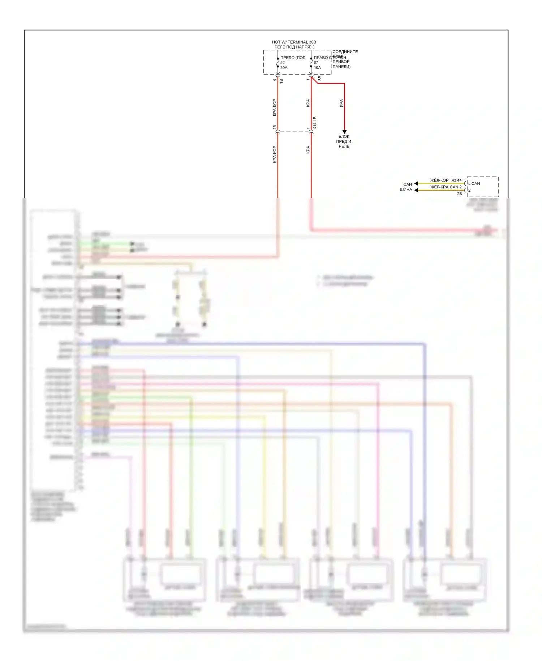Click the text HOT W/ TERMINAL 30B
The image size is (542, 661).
coord(294,42)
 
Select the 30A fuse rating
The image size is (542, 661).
coord(284,68)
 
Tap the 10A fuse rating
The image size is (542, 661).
coord(317,68)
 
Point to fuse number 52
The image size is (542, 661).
coord(282,63)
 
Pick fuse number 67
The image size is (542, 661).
coord(315,63)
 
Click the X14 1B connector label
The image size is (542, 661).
coord(315,123)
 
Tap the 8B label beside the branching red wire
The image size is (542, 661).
coord(320,78)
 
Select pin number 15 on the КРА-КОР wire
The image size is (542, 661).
coord(275,127)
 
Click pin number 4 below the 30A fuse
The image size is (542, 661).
coord(275,80)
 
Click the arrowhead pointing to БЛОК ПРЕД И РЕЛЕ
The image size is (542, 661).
coord(344,132)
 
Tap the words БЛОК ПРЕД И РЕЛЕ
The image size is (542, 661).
coord(344,141)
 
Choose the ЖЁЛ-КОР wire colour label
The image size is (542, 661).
coord(439,180)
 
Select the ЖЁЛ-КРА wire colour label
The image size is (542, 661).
coord(439,187)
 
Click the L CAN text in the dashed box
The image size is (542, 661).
coord(474,184)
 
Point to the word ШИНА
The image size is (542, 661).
coord(406,189)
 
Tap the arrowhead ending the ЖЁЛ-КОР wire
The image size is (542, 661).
coord(416,184)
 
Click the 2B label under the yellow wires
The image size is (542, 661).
coord(459,194)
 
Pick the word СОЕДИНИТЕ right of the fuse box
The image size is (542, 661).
coord(345,52)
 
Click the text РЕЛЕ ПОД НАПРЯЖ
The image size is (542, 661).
coord(294,47)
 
